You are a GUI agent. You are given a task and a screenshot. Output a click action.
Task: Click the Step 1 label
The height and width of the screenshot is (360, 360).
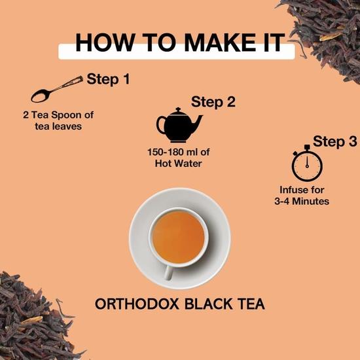click(x=108, y=79)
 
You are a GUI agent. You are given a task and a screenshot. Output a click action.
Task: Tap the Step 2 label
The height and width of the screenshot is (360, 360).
click(x=213, y=101)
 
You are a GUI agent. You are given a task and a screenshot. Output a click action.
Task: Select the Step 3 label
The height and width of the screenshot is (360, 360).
click(x=335, y=141)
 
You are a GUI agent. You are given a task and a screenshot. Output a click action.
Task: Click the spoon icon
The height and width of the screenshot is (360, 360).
click(x=56, y=89)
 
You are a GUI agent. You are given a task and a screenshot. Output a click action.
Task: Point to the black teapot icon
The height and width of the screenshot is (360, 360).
click(x=179, y=124)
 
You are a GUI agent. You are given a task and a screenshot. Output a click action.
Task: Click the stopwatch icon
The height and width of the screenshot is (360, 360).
click(x=307, y=163)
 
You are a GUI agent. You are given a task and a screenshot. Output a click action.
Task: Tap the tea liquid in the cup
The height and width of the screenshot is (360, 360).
click(x=179, y=237)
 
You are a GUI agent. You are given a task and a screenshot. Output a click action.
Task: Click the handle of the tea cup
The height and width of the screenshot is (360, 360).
click(x=168, y=272)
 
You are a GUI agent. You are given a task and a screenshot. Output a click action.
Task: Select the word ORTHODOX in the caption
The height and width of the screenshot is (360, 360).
click(x=137, y=304)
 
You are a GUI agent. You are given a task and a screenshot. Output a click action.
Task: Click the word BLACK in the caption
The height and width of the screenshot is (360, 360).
click(x=208, y=304)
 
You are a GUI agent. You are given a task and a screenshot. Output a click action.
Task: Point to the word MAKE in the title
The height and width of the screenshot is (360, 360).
click(x=218, y=43)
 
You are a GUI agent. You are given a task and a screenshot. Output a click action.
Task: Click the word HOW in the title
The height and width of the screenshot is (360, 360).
click(x=105, y=43)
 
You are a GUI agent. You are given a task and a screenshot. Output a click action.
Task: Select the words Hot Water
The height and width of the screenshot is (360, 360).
click(x=179, y=164)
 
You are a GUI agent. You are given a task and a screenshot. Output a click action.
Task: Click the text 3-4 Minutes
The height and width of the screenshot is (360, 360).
click(x=302, y=202)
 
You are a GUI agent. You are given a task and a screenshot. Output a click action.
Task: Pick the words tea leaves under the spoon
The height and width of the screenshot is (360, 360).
click(x=58, y=126)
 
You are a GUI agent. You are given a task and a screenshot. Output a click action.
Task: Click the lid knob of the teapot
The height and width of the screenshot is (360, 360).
click(x=177, y=109)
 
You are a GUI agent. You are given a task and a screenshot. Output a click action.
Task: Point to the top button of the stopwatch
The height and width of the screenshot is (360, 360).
click(x=307, y=147)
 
